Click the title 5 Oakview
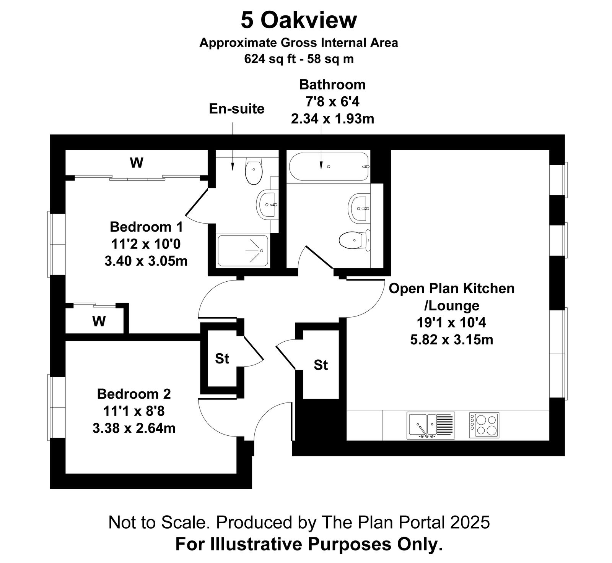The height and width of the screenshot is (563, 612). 298,20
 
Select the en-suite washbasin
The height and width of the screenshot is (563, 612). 267,204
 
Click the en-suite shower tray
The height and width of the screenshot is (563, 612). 243,250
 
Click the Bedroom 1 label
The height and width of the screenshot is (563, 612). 146,227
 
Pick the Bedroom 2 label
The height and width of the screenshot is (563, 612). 134,393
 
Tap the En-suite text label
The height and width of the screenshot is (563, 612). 237,109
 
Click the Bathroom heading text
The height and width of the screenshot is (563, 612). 332,84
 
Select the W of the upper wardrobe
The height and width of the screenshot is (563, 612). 137,163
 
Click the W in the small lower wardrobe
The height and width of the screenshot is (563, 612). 99,321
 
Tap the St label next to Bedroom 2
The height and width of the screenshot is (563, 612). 222,359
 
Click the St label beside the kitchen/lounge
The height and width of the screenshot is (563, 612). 321,365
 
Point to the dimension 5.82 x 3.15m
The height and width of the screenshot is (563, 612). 452,339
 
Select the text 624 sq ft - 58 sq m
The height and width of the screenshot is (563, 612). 299,59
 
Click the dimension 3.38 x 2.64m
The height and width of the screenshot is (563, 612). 134,428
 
